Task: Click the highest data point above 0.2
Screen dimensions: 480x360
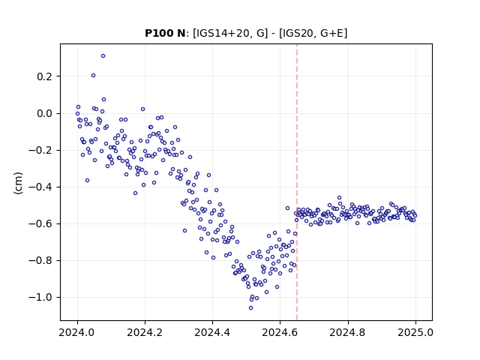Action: (x=103, y=56)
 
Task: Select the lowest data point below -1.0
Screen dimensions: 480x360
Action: (x=250, y=308)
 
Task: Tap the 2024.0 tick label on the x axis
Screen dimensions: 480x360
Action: (x=77, y=332)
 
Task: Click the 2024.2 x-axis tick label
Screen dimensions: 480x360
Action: (x=145, y=332)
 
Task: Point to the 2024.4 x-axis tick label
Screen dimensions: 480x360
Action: (x=212, y=332)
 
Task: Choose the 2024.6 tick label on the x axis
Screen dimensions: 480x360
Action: (x=280, y=332)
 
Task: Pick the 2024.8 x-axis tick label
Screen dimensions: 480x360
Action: (x=348, y=332)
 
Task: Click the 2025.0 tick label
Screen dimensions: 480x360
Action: (x=415, y=332)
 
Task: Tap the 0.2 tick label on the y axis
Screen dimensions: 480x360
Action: (x=45, y=76)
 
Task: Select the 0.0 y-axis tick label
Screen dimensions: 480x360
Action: (x=45, y=113)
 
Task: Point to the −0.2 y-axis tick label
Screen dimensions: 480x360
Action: (x=40, y=150)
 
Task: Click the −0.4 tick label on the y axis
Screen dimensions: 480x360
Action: (x=40, y=187)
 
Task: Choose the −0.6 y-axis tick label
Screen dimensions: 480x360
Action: (x=40, y=223)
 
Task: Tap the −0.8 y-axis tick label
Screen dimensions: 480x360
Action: (x=40, y=260)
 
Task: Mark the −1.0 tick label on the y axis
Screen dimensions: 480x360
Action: (x=40, y=297)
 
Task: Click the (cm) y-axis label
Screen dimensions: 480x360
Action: (x=18, y=183)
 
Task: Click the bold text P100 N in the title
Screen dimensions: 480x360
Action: (x=165, y=33)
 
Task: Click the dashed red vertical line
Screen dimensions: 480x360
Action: (x=297, y=182)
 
